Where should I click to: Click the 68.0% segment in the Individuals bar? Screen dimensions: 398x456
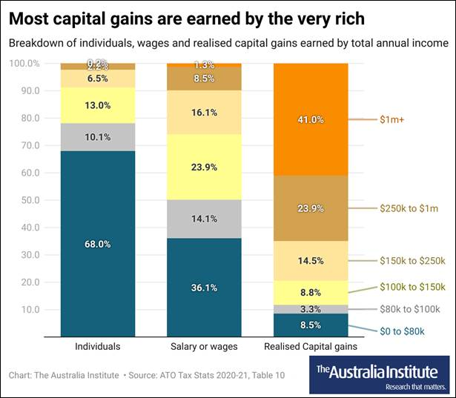pos(98,243)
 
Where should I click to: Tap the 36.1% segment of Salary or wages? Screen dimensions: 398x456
pos(204,288)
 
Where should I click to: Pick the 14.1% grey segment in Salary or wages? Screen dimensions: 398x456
pos(204,219)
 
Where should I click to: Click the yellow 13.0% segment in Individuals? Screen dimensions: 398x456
pos(98,105)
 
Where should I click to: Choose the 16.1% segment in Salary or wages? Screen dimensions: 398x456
pos(204,113)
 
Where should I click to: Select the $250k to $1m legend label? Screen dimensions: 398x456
pos(409,209)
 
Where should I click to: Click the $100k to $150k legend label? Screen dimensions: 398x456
pos(412,287)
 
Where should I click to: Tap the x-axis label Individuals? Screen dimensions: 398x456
pos(98,346)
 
